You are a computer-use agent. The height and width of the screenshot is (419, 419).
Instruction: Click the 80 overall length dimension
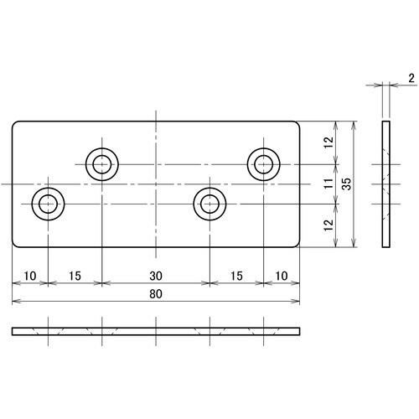[155, 294]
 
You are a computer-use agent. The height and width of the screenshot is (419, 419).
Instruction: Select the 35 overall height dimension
[358, 184]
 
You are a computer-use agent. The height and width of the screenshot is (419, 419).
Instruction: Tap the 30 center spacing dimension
[155, 275]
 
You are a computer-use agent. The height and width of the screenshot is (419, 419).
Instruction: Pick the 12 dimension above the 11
[328, 143]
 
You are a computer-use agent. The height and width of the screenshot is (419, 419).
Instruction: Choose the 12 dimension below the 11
[328, 225]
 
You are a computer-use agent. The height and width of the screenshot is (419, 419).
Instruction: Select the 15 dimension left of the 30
[74, 275]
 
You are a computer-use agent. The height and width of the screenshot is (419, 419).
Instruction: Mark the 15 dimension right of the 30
[235, 275]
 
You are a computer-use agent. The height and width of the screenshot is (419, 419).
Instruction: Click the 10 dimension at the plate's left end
[30, 275]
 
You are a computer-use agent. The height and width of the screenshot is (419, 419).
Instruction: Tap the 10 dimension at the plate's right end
[280, 275]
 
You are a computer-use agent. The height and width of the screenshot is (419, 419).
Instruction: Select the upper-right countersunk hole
[263, 163]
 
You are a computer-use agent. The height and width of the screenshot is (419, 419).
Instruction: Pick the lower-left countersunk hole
[47, 203]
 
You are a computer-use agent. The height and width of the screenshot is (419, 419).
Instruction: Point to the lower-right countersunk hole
[209, 203]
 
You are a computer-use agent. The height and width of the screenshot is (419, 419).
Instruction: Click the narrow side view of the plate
[385, 184]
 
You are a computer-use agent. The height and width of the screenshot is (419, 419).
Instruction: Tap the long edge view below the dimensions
[155, 331]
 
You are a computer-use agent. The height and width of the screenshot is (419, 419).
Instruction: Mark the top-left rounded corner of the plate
[16, 126]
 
